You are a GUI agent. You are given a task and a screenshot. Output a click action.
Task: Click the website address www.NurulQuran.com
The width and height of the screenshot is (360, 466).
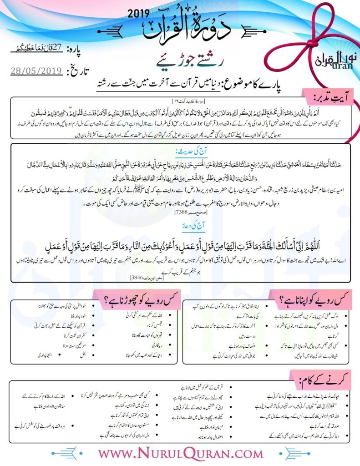pos(180,453)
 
